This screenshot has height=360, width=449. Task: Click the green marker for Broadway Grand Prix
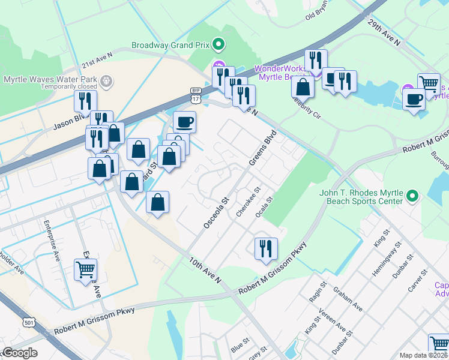[x=218, y=44]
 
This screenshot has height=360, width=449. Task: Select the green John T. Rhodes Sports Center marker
[x=412, y=196]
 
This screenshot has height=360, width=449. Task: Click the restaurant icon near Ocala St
[x=265, y=247]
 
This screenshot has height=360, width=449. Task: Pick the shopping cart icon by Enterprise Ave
[x=86, y=270]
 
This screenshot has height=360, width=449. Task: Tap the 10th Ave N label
[x=205, y=271]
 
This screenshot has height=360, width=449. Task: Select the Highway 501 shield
[x=28, y=323]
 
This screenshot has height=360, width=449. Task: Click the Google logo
[x=20, y=353]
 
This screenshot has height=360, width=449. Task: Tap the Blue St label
[x=240, y=344]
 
